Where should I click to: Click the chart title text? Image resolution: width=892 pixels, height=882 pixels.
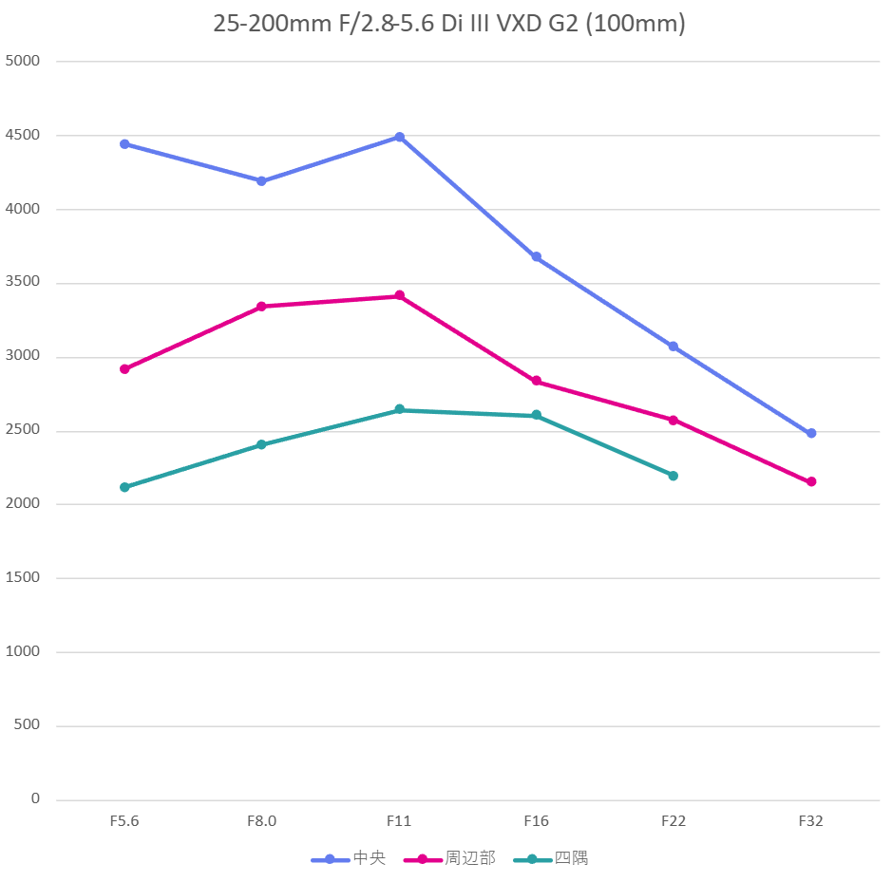[x=448, y=24]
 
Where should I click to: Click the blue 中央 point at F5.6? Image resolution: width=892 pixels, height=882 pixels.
[x=124, y=144]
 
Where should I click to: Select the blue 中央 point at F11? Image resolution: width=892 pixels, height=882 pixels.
[x=400, y=137]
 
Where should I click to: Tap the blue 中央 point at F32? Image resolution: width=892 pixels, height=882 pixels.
[x=811, y=433]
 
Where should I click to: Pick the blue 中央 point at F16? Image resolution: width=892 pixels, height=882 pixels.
[x=537, y=257]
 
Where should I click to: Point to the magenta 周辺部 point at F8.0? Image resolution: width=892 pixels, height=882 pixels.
[x=261, y=307]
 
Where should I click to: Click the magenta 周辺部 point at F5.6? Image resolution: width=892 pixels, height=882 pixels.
[x=124, y=368]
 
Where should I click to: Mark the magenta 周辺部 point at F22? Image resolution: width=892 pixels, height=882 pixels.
[x=674, y=420]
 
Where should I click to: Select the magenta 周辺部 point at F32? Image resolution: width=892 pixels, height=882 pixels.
[x=811, y=481]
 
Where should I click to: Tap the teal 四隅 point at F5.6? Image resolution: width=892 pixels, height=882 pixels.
[x=124, y=487]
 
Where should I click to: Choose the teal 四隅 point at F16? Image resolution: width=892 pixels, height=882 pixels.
[x=537, y=415]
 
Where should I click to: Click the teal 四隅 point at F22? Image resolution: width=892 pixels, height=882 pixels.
[x=674, y=476]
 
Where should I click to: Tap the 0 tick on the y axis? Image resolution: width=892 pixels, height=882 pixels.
[x=35, y=799]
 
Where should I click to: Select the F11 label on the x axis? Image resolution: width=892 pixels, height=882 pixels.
[x=399, y=821]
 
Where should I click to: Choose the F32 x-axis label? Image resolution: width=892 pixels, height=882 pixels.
[x=810, y=821]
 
